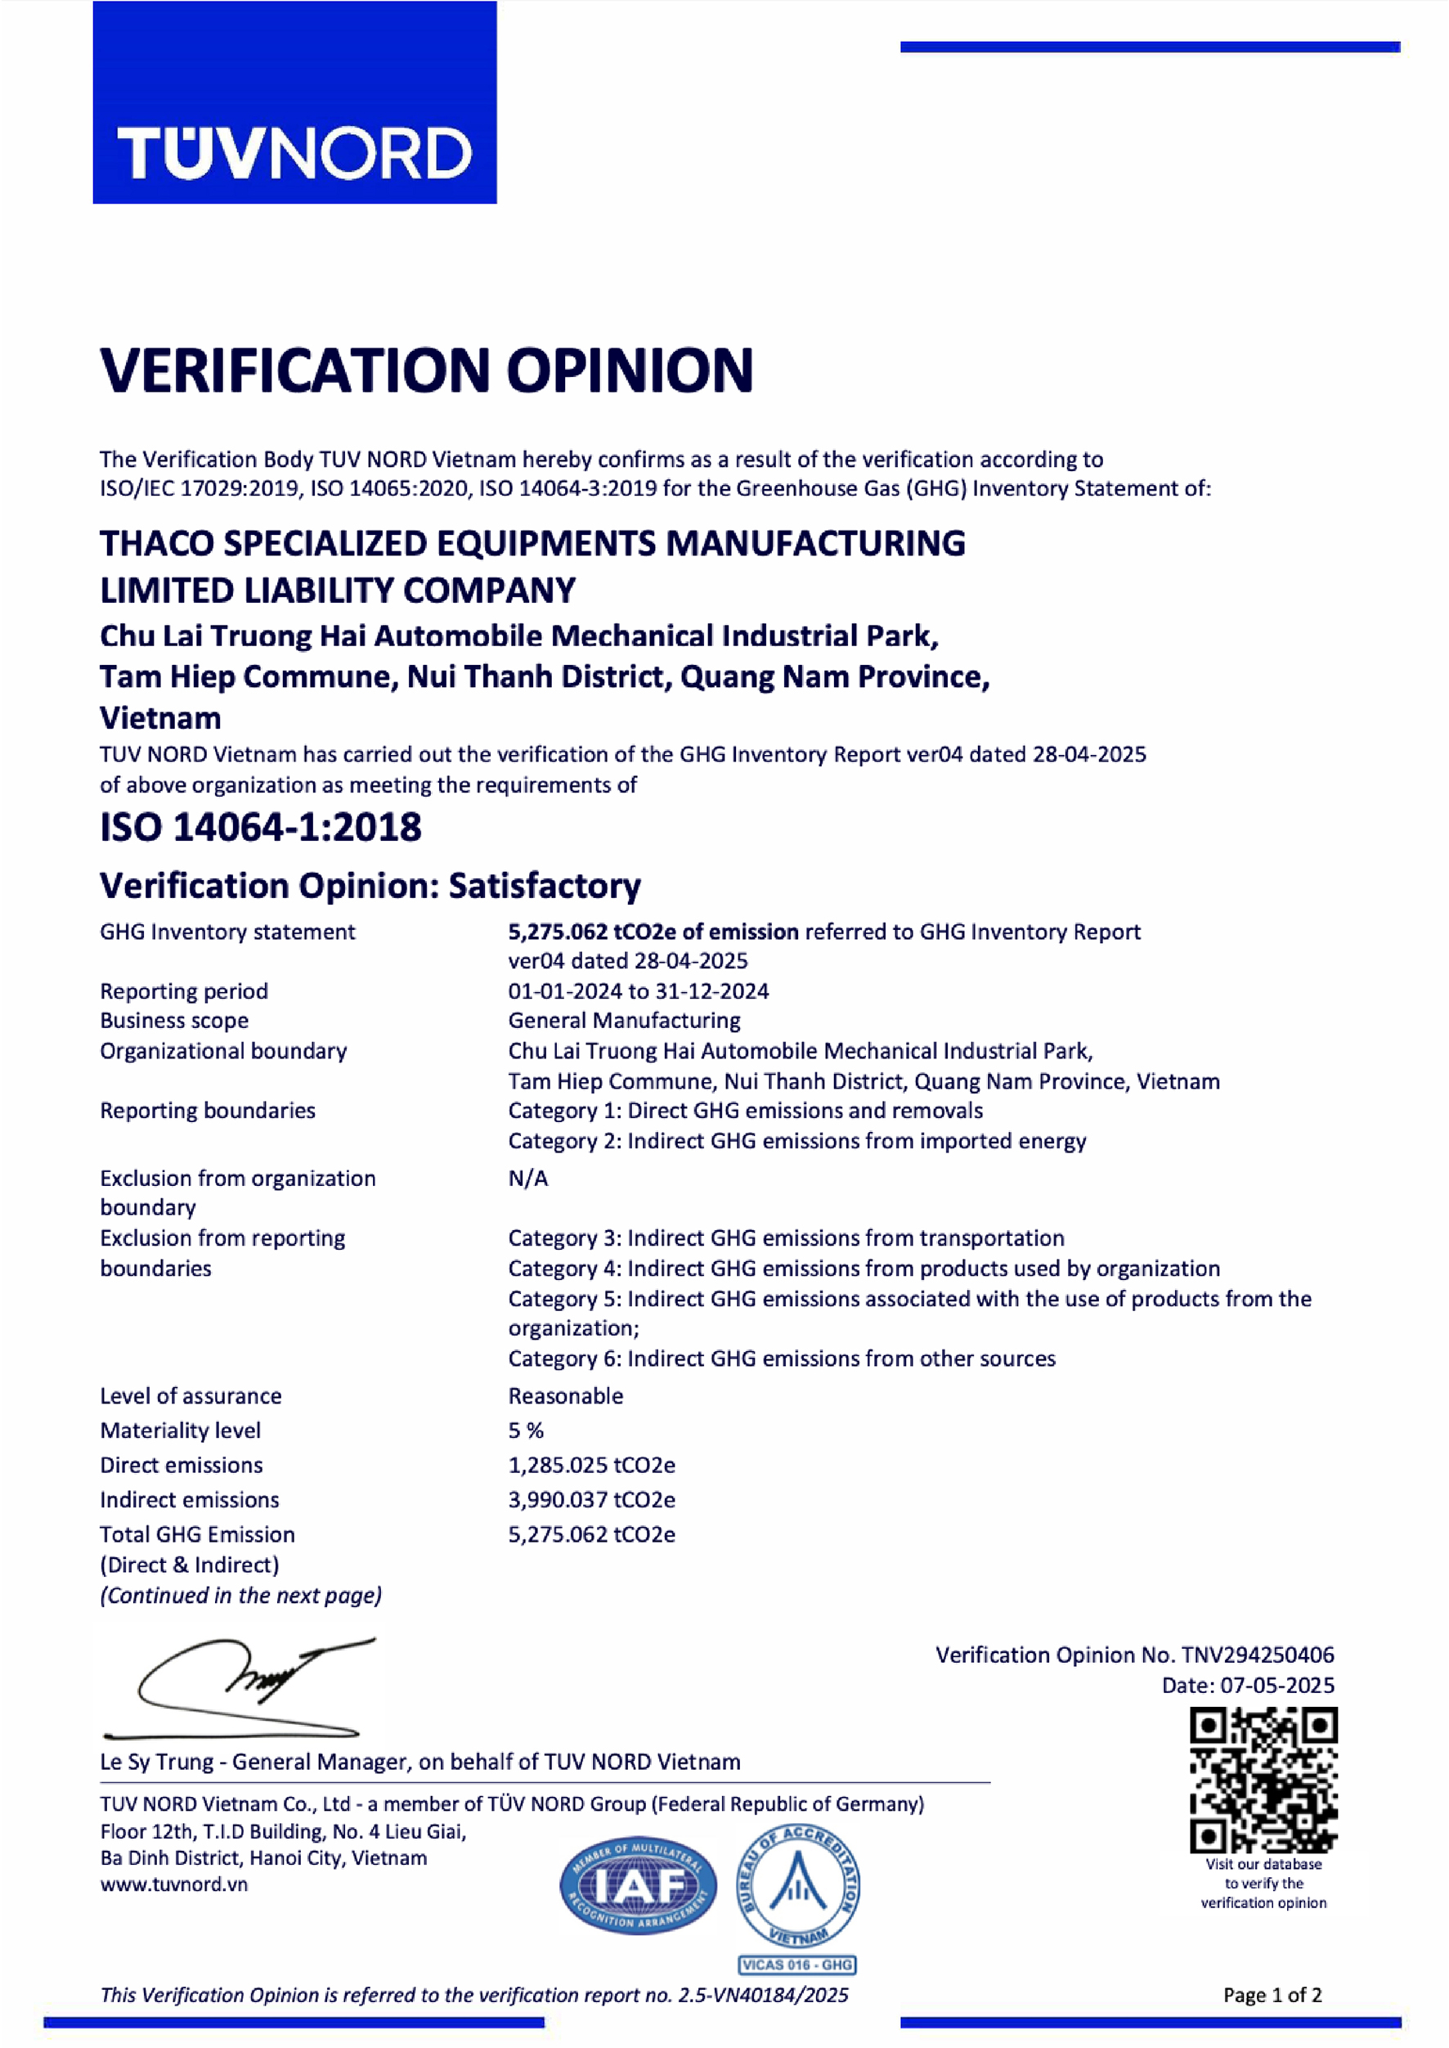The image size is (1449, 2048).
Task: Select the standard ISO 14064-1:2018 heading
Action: tap(261, 826)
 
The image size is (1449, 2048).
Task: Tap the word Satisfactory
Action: tap(545, 885)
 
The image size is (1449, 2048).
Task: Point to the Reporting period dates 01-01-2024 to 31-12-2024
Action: tap(638, 991)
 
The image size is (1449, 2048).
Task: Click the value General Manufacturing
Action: tap(624, 1020)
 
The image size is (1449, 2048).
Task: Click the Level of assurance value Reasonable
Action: tap(566, 1395)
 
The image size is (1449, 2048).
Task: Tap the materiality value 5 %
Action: tap(526, 1430)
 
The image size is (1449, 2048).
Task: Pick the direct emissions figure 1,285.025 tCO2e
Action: tap(591, 1466)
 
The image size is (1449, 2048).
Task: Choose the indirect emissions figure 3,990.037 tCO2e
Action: tap(591, 1500)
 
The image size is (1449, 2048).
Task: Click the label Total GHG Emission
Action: tap(197, 1535)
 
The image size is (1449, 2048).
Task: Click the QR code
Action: tap(1263, 1781)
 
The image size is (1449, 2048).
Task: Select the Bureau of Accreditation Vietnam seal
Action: tap(797, 1884)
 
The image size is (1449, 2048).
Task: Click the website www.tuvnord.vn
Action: tap(174, 1884)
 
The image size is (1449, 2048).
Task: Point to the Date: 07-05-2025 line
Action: tap(1247, 1686)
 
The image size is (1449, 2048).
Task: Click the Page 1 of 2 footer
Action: tap(1272, 1996)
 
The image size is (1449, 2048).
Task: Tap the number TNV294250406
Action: tap(1257, 1655)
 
